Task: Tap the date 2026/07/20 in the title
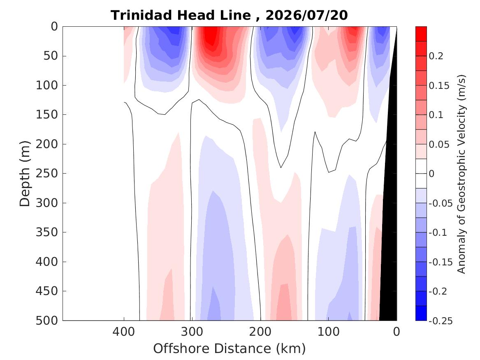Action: pos(306,15)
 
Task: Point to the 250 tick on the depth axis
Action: pos(47,174)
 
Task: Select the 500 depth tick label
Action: pos(47,321)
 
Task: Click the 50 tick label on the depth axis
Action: pos(51,56)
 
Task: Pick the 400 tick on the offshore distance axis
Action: pos(124,332)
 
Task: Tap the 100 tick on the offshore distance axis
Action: pos(328,332)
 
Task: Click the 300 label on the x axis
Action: pos(192,332)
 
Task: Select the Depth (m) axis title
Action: pos(25,174)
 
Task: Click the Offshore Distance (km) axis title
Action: pos(229,348)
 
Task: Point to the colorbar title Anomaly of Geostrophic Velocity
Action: pos(461,174)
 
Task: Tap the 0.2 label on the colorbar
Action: pos(436,56)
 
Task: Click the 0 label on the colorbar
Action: pos(431,174)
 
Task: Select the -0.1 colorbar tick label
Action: pos(438,232)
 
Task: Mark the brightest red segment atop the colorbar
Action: pos(421,34)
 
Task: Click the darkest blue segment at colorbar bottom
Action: pos(421,313)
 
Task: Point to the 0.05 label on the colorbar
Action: pos(439,144)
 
